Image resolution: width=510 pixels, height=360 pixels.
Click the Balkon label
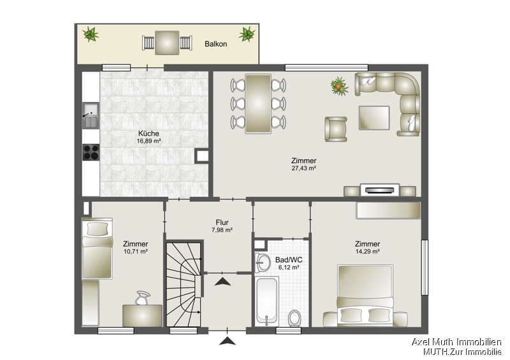216,45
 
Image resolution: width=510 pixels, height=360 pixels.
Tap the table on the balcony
166,43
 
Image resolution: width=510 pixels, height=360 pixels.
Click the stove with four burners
90,152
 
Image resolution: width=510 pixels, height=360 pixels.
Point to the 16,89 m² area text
149,141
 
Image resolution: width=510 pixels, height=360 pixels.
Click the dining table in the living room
258,103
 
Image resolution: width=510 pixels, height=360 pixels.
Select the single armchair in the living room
336,129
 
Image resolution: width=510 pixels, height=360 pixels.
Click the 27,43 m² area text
303,168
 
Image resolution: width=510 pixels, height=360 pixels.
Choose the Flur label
222,223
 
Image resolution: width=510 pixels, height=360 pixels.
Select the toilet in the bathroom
295,316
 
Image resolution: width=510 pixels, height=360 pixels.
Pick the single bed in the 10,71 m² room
97,248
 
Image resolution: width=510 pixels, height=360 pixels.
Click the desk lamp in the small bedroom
143,297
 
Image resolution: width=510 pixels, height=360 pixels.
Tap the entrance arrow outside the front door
227,342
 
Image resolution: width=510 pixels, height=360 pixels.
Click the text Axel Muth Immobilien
456,342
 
